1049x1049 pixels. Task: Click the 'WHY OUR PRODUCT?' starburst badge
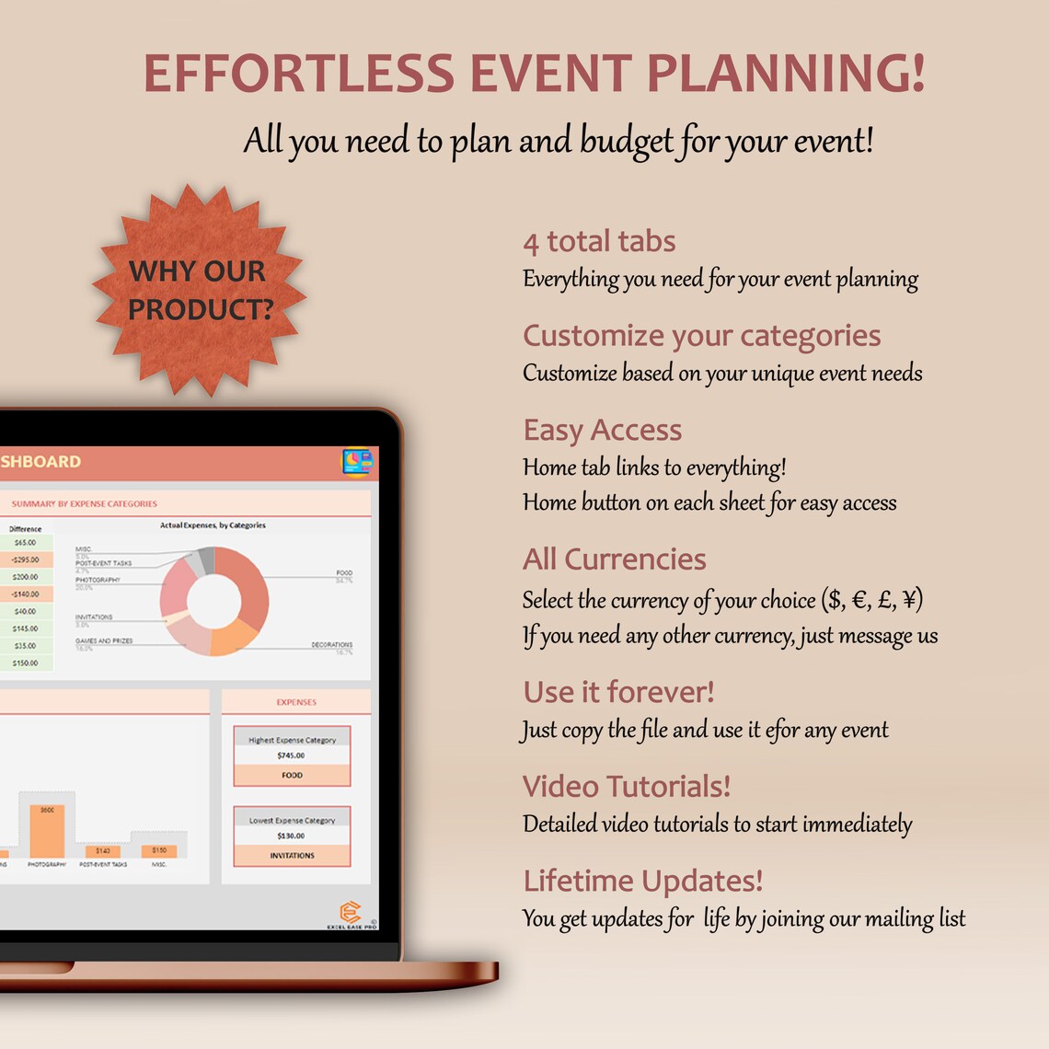[x=200, y=290]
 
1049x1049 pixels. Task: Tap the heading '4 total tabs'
[x=599, y=242]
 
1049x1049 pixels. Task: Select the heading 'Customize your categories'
[x=701, y=336]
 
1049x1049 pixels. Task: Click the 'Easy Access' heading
[x=602, y=430]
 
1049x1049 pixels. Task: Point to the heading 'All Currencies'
[x=614, y=559]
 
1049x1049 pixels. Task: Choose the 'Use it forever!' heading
[x=618, y=692]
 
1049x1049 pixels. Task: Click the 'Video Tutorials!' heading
[x=627, y=787]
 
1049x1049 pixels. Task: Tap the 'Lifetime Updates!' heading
[x=642, y=881]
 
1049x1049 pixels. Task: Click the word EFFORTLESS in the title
[x=299, y=75]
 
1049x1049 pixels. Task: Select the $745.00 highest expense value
[x=291, y=755]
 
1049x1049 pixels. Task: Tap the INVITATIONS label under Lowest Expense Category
[x=292, y=856]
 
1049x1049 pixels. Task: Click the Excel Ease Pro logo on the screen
[x=351, y=914]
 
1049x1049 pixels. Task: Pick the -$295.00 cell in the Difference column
[x=26, y=559]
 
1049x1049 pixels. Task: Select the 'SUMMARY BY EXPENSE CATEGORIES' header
[x=85, y=504]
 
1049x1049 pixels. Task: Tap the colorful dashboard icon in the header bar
[x=357, y=462]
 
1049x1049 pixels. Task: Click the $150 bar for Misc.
[x=159, y=850]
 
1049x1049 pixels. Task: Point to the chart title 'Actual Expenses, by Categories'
[x=213, y=525]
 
